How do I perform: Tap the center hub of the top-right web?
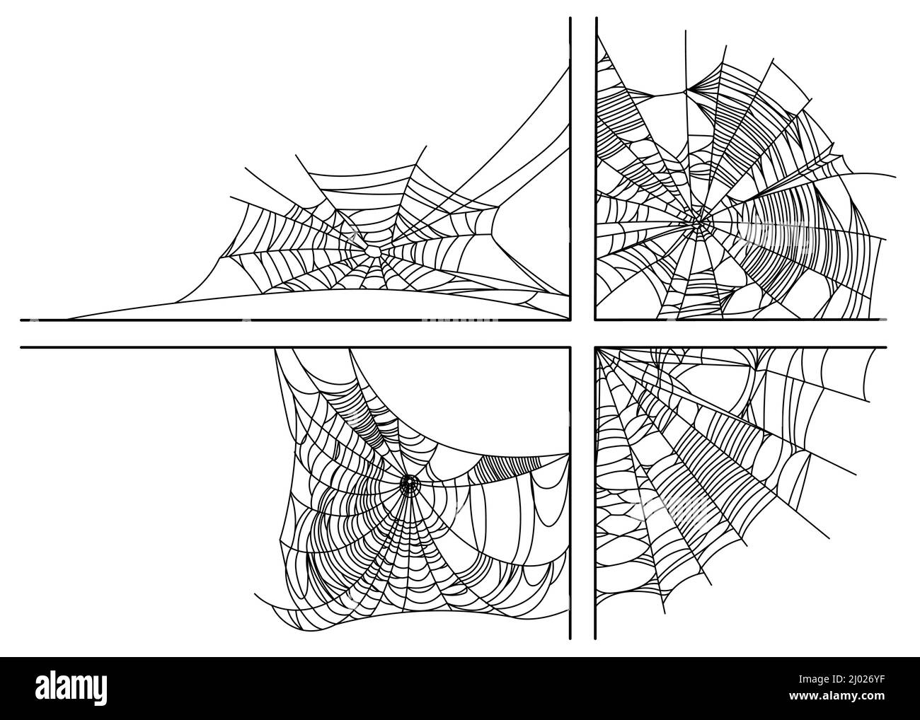(x=699, y=223)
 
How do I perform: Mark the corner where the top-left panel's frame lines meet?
(x=570, y=319)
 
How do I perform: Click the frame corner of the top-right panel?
(x=596, y=319)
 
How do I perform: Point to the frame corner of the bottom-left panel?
(x=570, y=347)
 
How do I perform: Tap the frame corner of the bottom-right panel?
(x=596, y=347)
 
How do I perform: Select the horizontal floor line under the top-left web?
(x=283, y=320)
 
